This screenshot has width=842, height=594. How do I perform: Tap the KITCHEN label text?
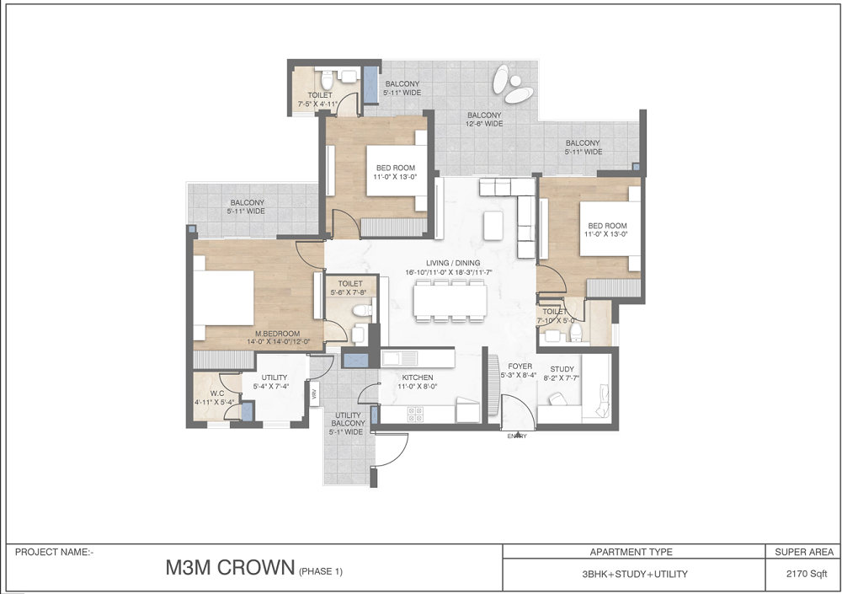[x=417, y=377]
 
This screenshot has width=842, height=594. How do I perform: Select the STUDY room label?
[x=562, y=369]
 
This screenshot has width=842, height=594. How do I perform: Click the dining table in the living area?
[x=450, y=299]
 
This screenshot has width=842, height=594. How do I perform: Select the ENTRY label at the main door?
[x=517, y=436]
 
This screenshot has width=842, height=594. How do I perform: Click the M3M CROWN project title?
[x=229, y=568]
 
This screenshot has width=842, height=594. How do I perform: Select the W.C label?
[x=216, y=393]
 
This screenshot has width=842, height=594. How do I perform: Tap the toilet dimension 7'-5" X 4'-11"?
[x=318, y=104]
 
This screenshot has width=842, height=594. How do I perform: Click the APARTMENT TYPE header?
[x=632, y=553]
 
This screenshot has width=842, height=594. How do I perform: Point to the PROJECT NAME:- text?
[x=55, y=553]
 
